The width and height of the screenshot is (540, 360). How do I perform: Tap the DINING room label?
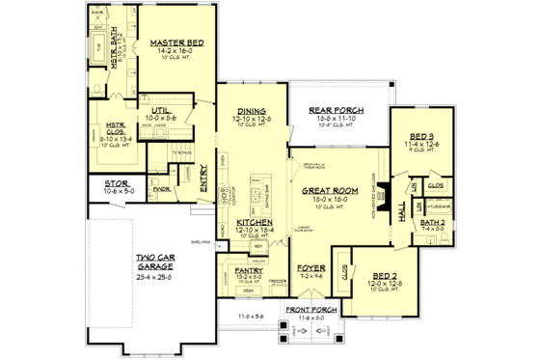click(x=253, y=111)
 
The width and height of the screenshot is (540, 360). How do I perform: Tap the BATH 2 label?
click(x=432, y=222)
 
